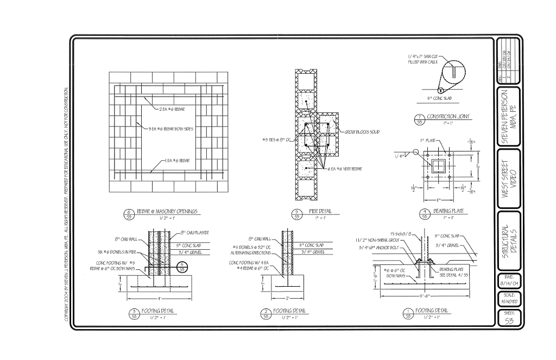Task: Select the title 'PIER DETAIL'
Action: (x=320, y=211)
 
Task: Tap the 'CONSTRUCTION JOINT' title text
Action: (x=448, y=117)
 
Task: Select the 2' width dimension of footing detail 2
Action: (x=287, y=299)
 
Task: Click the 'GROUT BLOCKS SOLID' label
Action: (x=362, y=132)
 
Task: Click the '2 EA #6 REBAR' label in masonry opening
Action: (x=173, y=109)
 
